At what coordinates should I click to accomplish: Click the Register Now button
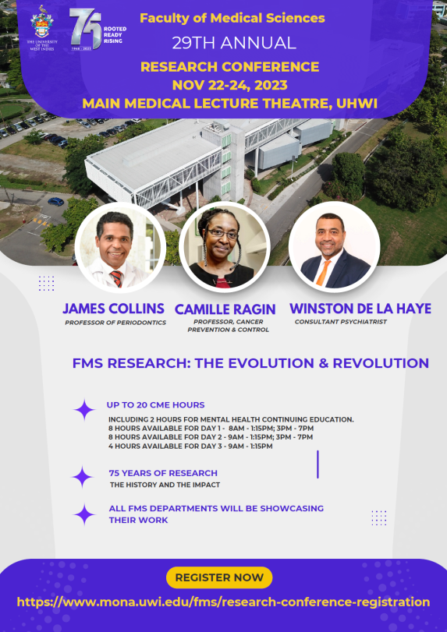[219, 577]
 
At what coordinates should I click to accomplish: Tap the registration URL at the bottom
[223, 602]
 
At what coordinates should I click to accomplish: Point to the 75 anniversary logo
[89, 30]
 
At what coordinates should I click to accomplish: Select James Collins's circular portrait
[115, 245]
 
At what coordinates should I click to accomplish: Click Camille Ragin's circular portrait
[223, 245]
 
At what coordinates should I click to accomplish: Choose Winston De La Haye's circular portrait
[334, 245]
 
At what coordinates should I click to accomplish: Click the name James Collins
[114, 308]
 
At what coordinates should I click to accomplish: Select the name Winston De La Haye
[360, 309]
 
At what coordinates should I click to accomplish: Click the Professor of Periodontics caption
[115, 322]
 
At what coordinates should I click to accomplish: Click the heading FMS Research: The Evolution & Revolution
[250, 363]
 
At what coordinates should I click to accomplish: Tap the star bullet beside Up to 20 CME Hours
[83, 408]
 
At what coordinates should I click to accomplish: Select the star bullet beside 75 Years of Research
[83, 476]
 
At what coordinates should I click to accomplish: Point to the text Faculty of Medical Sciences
[232, 18]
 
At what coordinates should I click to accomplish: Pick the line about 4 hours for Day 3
[190, 446]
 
